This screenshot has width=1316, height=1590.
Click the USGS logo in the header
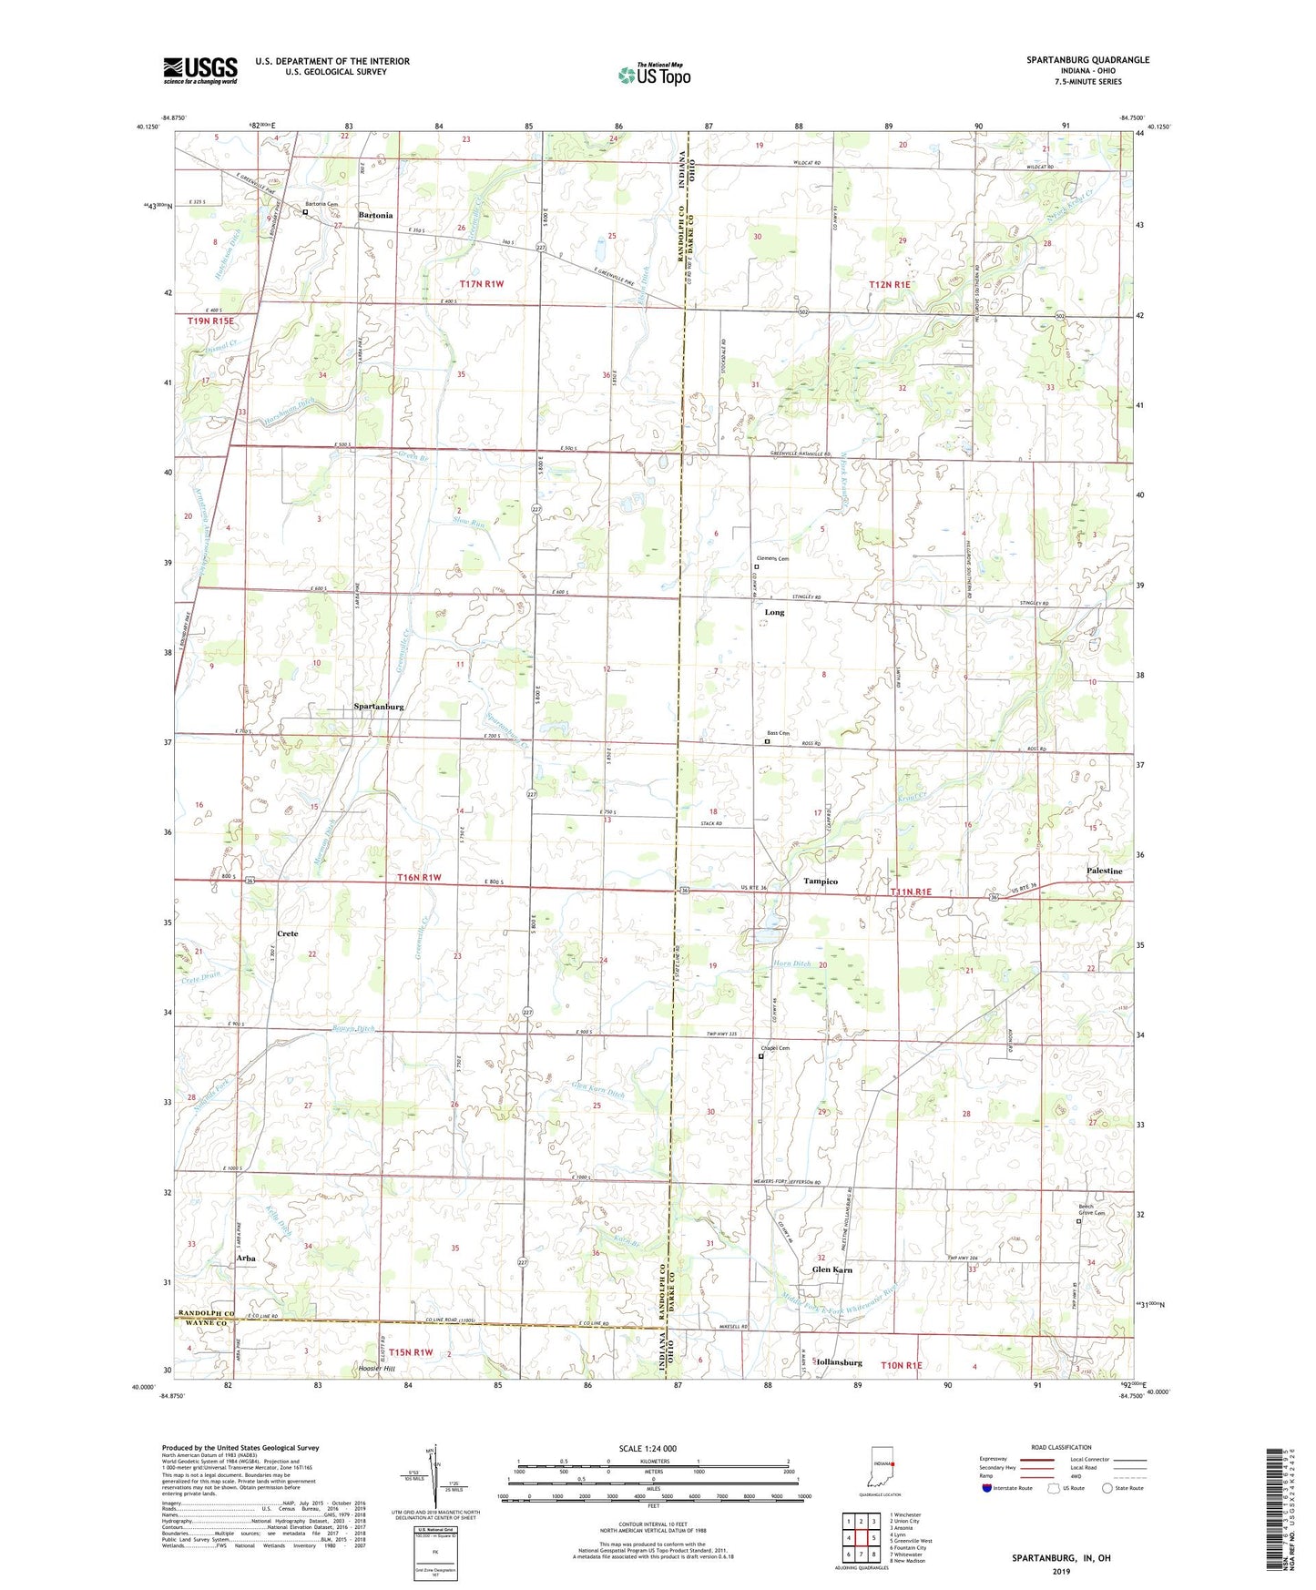point(200,70)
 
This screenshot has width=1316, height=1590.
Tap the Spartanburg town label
point(379,707)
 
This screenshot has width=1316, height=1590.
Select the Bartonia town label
point(375,216)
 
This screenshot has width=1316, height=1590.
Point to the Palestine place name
point(1104,871)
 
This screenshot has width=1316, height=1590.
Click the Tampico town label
point(820,882)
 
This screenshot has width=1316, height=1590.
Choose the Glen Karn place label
point(831,1269)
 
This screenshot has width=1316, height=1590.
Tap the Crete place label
point(288,934)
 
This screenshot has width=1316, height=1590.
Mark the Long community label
point(774,613)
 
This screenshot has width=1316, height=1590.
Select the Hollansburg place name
point(839,1362)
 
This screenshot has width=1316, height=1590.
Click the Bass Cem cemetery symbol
point(767,741)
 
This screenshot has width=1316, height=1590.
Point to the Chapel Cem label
point(775,1048)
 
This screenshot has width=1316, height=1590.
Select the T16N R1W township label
point(419,878)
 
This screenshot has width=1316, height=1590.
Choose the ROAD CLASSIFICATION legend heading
point(1060,1447)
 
